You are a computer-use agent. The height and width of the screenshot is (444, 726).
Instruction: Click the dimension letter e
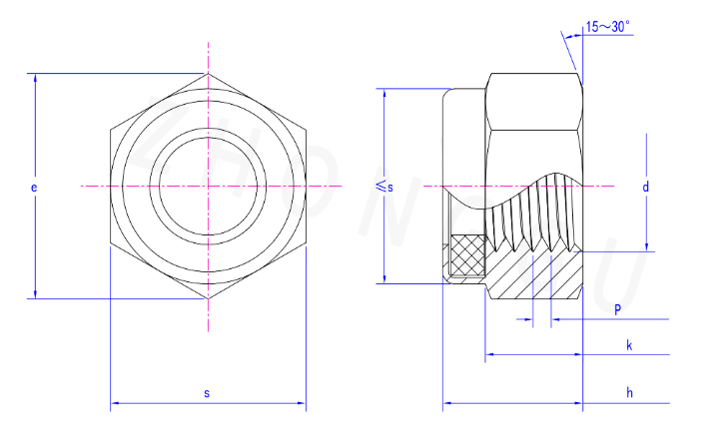point(34,188)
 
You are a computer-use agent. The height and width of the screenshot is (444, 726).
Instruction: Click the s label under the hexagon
point(207,393)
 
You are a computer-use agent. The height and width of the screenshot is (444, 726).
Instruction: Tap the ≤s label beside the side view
point(384,187)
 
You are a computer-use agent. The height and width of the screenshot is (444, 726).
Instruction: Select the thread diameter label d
point(646,187)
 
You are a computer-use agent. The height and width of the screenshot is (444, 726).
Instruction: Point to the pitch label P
point(617,310)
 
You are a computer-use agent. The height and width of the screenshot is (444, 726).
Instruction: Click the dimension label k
point(629,345)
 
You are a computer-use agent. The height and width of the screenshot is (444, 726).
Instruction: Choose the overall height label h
point(630,393)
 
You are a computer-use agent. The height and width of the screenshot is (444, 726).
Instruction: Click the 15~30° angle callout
point(608,27)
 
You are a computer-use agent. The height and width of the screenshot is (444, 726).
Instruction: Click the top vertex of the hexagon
point(208,74)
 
